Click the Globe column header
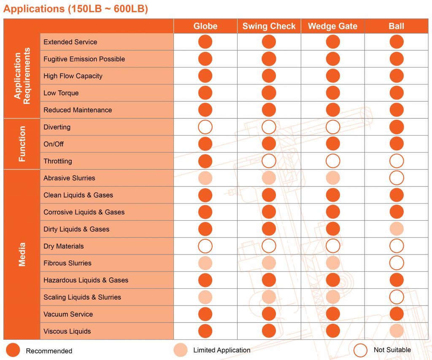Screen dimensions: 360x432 tap(205, 26)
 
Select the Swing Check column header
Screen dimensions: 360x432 tap(269, 26)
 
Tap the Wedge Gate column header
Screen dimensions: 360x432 tap(332, 26)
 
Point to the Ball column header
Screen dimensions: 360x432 tap(396, 26)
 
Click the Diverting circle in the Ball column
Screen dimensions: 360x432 tap(397, 127)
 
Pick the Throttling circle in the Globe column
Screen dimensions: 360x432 tap(205, 161)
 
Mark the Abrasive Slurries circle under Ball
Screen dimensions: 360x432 tap(397, 178)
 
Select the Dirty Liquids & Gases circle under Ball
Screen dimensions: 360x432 tap(397, 229)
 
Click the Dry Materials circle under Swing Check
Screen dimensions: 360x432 tap(269, 246)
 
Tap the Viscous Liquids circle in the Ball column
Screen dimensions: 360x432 tap(397, 331)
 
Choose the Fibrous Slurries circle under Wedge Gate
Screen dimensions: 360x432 tap(333, 263)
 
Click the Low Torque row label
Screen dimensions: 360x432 tap(61, 93)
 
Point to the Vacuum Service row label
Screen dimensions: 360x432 tap(68, 314)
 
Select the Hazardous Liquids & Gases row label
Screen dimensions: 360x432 tap(86, 280)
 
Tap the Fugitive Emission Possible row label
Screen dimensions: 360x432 tap(84, 59)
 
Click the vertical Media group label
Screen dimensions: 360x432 tap(22, 254)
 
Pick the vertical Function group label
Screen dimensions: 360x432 tap(22, 144)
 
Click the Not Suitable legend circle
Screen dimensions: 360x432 tap(361, 350)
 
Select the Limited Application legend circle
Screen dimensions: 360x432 tap(181, 350)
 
